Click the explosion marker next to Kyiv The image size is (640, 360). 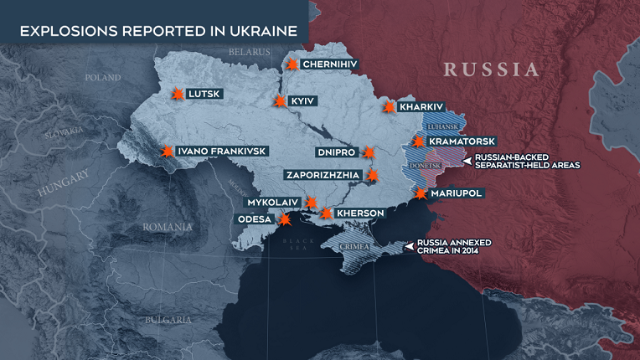(x=280, y=101)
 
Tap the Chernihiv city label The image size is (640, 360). (x=330, y=64)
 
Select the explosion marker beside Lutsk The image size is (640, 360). (x=177, y=95)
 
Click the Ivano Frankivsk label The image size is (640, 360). (x=222, y=151)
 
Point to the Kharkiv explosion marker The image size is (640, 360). (x=389, y=107)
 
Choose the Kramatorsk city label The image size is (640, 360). (x=462, y=141)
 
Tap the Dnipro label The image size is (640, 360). (x=338, y=152)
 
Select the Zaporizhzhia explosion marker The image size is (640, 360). (x=373, y=176)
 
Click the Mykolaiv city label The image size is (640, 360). (x=273, y=203)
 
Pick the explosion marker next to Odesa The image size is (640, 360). (x=285, y=219)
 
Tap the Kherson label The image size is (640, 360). (x=360, y=213)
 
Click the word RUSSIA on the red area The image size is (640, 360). (x=492, y=69)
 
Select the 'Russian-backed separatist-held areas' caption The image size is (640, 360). (x=527, y=162)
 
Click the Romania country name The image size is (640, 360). (x=168, y=227)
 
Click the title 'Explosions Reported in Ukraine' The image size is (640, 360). (x=158, y=32)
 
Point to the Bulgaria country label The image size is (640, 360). (x=168, y=320)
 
